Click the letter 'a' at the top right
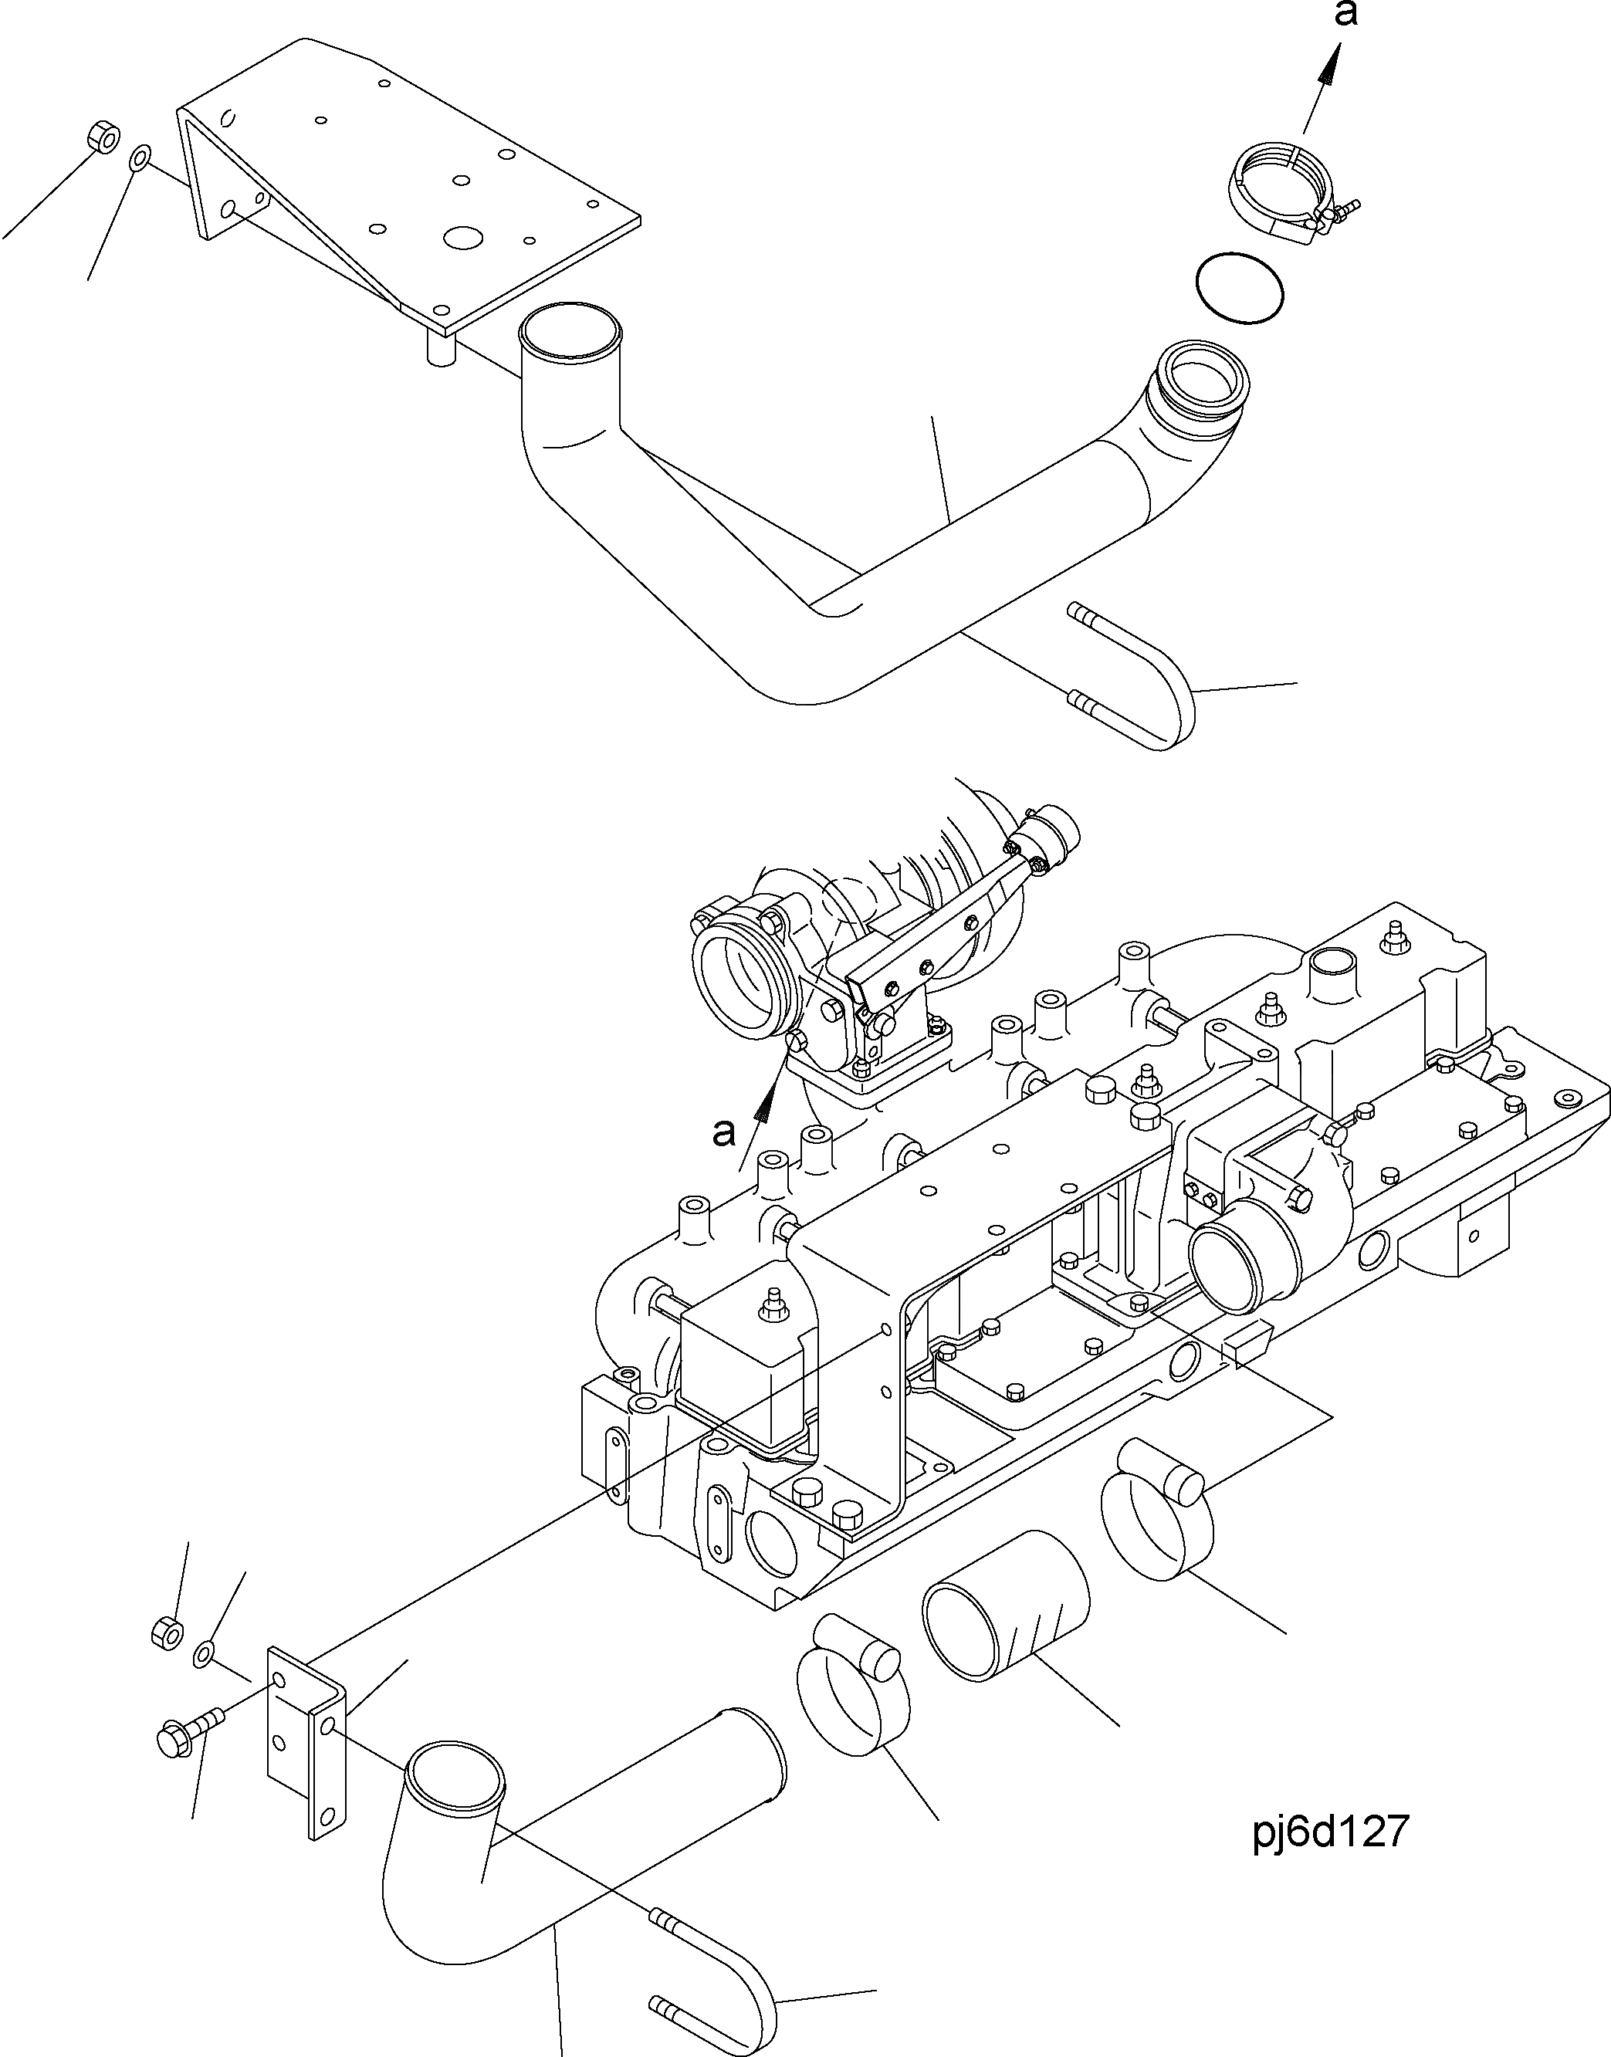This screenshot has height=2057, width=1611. (x=1346, y=16)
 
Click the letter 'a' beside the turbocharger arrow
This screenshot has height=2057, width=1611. (x=723, y=1133)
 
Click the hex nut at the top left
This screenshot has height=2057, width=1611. (x=101, y=137)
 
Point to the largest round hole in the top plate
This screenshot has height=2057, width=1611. (x=463, y=239)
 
